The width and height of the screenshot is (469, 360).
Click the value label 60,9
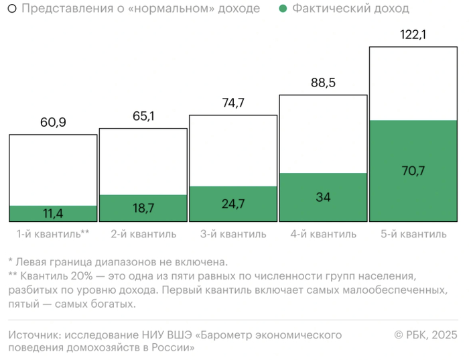tap(53, 123)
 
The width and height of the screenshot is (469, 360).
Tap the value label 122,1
tap(413, 35)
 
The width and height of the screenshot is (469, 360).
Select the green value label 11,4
tap(53, 214)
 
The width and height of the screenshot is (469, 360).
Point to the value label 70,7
tap(413, 171)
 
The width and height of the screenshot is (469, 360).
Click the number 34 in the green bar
tap(323, 197)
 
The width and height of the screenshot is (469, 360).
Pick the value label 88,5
tap(323, 83)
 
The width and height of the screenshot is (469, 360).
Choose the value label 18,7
tap(143, 208)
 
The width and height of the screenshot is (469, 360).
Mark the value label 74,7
tap(232, 103)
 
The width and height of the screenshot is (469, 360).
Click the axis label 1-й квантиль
tap(48, 234)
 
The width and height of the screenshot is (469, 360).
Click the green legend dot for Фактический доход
tap(283, 9)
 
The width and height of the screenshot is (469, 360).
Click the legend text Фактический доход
tap(351, 9)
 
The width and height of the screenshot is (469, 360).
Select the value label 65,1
tap(143, 116)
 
